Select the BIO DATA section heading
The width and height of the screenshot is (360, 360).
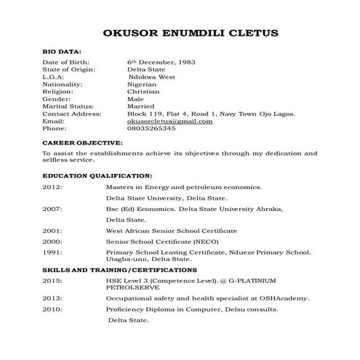tap(61, 54)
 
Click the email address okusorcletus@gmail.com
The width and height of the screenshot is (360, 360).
tap(169, 121)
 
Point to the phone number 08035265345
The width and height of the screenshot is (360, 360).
tap(151, 128)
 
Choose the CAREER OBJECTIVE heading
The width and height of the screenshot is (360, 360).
tap(81, 144)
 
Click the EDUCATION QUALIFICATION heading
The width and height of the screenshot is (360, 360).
tap(97, 175)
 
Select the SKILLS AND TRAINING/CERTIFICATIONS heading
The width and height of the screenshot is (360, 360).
tap(119, 270)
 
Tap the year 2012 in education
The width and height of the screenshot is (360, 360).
tap(52, 187)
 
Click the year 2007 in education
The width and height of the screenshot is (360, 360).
tap(52, 208)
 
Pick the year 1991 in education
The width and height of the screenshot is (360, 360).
tap(52, 252)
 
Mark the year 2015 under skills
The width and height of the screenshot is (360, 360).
tap(52, 280)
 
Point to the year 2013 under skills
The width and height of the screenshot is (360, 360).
tap(52, 297)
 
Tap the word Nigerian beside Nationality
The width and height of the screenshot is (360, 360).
tap(143, 84)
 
